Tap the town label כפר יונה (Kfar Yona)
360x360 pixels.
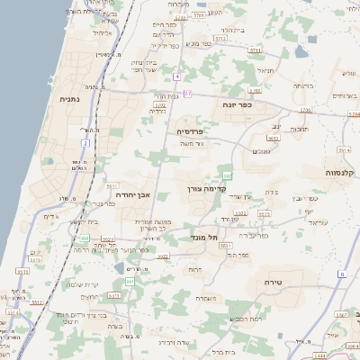click(237, 104)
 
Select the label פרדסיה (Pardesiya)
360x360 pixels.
click(190, 130)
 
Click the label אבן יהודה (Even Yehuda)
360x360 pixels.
click(131, 193)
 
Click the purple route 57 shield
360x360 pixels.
click(187, 94)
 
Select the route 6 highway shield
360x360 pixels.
click(343, 273)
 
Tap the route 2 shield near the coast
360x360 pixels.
click(85, 143)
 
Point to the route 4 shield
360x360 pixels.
click(178, 76)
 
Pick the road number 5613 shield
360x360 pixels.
click(273, 139)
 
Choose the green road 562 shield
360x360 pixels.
click(228, 175)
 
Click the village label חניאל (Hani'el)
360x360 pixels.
click(264, 69)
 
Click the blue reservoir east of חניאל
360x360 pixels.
click(300, 51)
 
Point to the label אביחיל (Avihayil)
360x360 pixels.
click(103, 33)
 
